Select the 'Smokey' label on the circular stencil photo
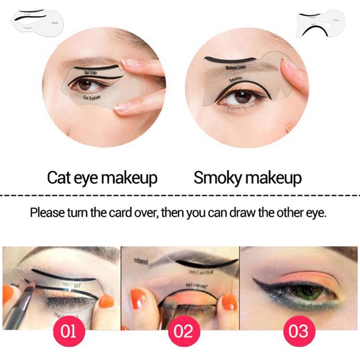[235, 78]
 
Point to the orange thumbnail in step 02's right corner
[229, 302]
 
